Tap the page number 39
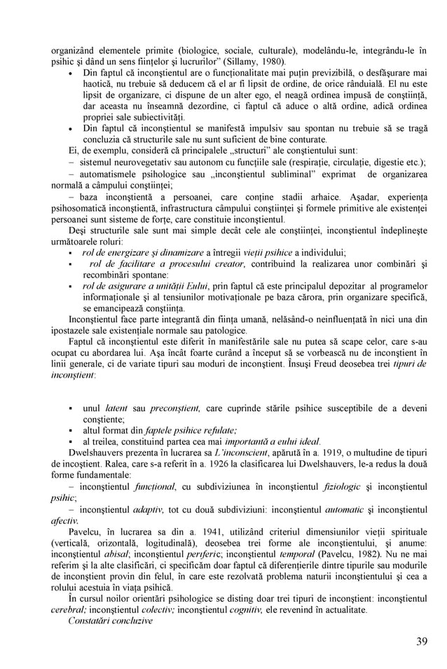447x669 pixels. (x=421, y=642)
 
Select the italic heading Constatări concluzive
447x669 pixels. (x=111, y=621)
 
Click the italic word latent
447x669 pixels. (x=116, y=408)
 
